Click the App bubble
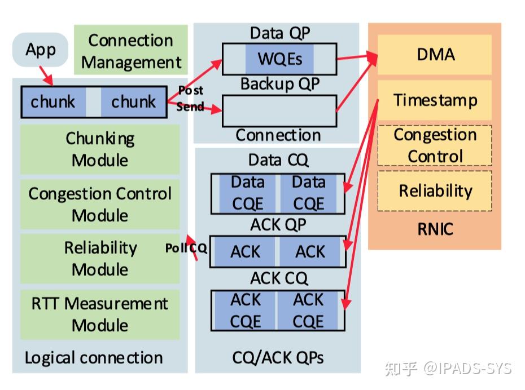41,50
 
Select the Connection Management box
130,50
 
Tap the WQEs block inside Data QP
279,59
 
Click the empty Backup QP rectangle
279,111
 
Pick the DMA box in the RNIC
435,55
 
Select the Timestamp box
435,100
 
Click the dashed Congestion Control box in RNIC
435,145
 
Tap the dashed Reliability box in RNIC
435,191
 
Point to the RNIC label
435,229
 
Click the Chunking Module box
100,149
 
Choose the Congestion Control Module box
100,204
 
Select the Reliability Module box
100,259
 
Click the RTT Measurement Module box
100,314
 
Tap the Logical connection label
94,358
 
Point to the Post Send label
190,98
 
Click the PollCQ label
186,248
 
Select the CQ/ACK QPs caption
278,358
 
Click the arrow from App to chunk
46,76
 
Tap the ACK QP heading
278,224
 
